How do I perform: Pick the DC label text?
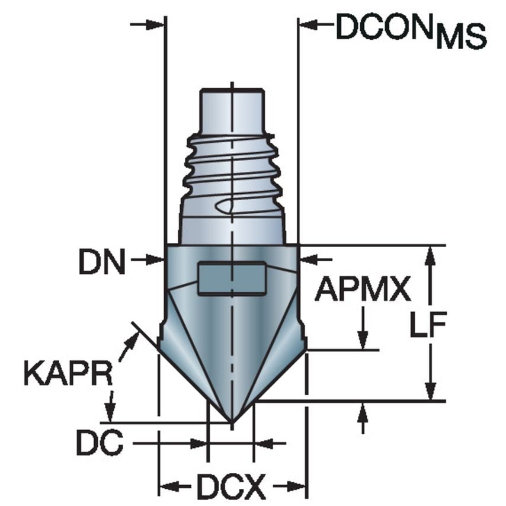(99, 443)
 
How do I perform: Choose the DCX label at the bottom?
(232, 487)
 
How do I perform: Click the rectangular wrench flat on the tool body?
(232, 278)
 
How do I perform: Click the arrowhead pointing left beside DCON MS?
(308, 25)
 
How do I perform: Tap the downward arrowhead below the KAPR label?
(110, 412)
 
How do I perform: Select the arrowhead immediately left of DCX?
(166, 487)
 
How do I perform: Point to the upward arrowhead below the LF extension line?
(363, 410)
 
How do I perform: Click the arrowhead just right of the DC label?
(200, 443)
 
